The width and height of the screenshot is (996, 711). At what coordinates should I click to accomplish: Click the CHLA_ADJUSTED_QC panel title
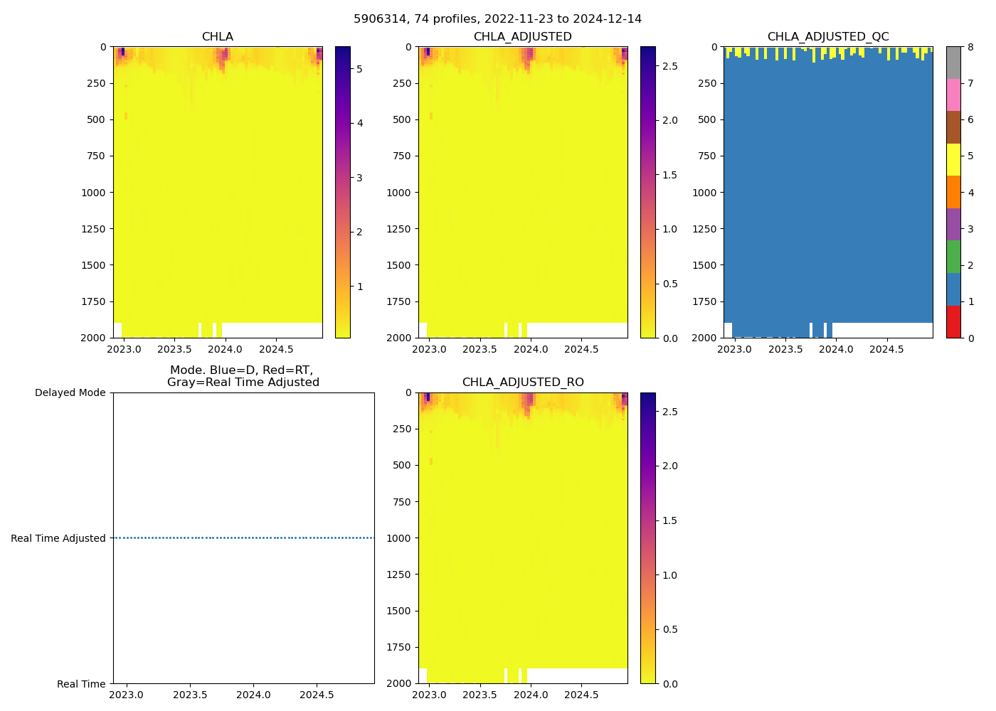[x=828, y=37]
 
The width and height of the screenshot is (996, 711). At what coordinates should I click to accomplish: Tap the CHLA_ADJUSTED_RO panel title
[x=523, y=383]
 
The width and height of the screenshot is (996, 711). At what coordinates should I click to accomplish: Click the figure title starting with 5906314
[x=497, y=19]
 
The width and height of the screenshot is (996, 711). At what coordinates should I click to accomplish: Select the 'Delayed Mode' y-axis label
[x=70, y=392]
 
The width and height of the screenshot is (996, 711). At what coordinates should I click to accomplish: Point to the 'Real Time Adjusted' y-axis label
[x=58, y=538]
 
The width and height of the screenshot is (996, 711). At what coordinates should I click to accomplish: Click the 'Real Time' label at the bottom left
[x=81, y=684]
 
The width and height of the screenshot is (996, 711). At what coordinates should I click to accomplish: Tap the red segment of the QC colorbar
[x=953, y=321]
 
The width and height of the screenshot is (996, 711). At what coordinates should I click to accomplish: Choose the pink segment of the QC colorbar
[x=953, y=95]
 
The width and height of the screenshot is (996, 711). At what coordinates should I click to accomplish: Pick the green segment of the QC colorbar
[x=953, y=257]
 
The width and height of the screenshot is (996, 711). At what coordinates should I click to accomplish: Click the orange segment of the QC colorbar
[x=953, y=192]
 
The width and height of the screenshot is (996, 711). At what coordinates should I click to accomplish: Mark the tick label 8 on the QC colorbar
[x=970, y=47]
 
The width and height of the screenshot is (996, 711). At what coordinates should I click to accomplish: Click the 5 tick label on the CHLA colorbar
[x=359, y=69]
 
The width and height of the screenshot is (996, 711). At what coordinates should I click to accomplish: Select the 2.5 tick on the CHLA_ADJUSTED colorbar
[x=669, y=66]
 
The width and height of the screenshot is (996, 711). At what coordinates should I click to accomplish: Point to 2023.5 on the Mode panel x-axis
[x=190, y=695]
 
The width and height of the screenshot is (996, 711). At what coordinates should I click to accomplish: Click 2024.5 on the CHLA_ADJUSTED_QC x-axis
[x=886, y=349]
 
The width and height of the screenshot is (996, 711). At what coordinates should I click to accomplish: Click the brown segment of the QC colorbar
[x=953, y=127]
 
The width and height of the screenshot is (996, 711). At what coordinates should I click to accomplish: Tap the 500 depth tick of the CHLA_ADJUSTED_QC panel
[x=706, y=119]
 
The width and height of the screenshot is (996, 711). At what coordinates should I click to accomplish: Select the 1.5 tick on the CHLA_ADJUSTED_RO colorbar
[x=669, y=520]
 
